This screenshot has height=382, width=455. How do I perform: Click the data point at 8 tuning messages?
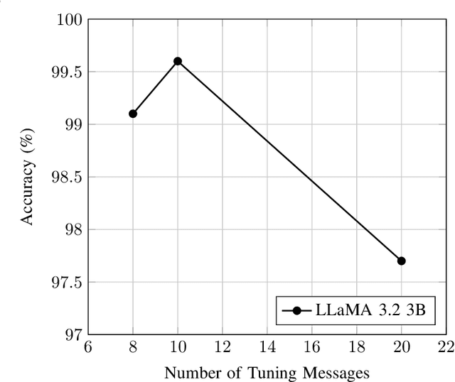tap(133, 114)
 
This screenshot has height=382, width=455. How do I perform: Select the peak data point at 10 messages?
tap(178, 61)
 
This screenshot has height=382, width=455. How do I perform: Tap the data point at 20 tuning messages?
tap(402, 261)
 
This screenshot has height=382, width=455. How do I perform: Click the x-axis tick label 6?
tap(88, 347)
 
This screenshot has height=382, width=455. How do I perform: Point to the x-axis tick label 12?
tap(223, 347)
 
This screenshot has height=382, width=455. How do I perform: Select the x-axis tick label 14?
tap(267, 347)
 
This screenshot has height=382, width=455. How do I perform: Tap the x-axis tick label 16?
tap(312, 347)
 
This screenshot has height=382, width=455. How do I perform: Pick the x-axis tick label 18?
tap(357, 347)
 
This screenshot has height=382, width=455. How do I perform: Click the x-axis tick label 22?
tap(446, 347)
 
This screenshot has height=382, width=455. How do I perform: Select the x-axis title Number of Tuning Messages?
tap(267, 371)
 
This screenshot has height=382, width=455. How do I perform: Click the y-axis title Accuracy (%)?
tap(27, 176)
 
